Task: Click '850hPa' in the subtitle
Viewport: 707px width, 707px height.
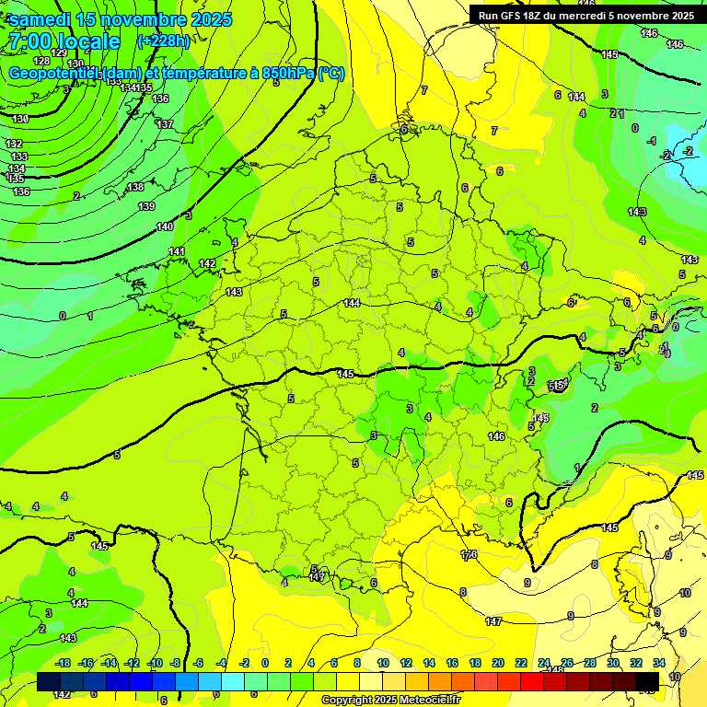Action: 294,74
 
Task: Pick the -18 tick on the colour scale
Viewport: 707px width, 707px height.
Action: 64,663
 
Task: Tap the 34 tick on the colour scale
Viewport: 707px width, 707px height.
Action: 659,663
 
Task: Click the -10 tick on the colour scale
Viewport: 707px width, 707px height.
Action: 155,663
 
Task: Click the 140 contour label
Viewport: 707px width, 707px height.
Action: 165,226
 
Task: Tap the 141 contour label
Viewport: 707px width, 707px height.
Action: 177,251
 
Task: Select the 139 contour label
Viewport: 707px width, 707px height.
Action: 146,206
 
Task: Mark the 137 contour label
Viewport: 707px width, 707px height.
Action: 165,124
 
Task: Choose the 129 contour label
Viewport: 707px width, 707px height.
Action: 59,52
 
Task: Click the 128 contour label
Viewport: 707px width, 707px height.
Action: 41,61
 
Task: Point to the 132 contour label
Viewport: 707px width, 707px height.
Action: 14,145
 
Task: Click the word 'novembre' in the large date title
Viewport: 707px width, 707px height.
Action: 140,19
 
